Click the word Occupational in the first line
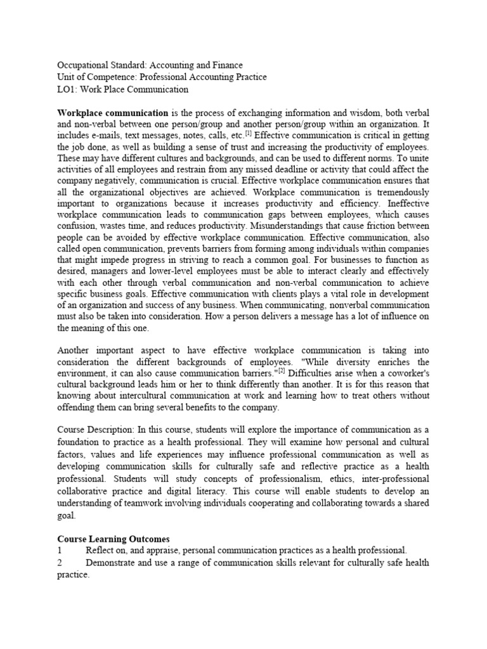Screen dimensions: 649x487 [x=82, y=65]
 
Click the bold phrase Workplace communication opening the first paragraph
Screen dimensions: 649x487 [x=112, y=113]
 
